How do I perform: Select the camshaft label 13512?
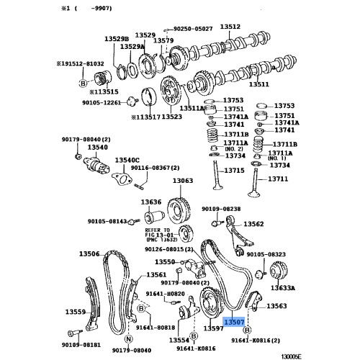(x=230, y=26)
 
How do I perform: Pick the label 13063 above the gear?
(x=183, y=181)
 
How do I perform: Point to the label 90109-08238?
(x=221, y=208)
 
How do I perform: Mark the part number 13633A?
(x=283, y=288)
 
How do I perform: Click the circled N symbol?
(x=127, y=339)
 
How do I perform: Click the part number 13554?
(x=179, y=340)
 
